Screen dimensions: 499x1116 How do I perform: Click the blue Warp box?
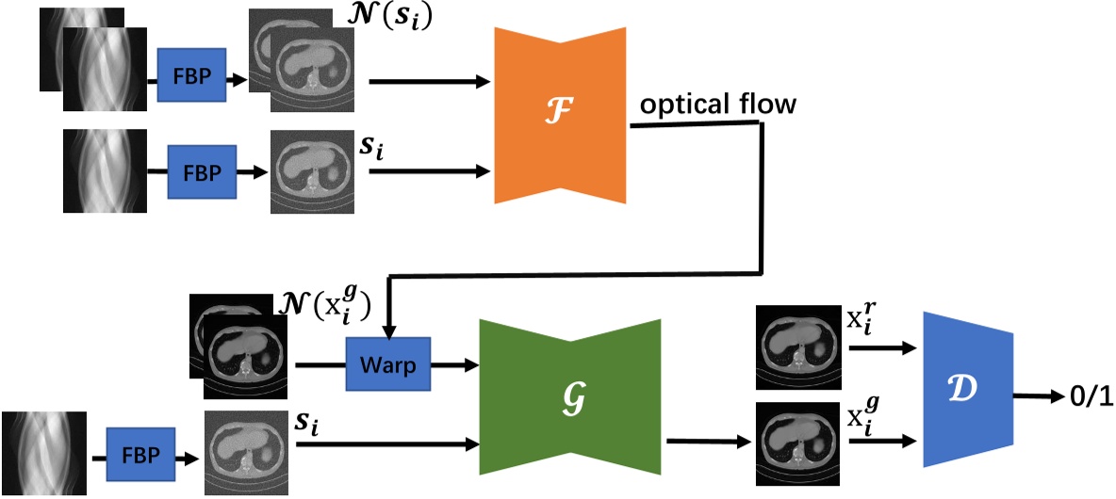387,363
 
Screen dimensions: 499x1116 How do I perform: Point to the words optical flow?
718,105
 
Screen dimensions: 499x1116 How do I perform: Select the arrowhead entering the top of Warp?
388,329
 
